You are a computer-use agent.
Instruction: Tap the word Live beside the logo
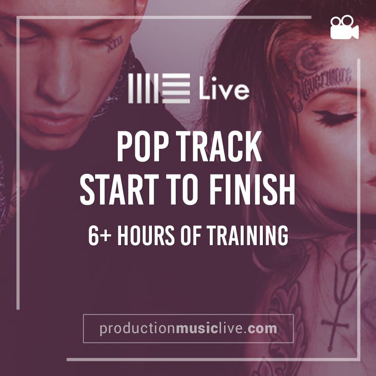tap(224, 88)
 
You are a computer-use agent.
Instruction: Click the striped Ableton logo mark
tap(159, 88)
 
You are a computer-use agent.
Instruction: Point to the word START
tap(120, 190)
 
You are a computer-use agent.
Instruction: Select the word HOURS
tap(146, 235)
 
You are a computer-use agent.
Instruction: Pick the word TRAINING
tap(247, 235)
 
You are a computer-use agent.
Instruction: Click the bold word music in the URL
tap(197, 328)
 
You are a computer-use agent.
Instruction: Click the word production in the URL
tap(138, 329)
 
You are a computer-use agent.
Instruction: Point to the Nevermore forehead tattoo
tap(324, 83)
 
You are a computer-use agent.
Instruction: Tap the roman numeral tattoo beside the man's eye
tap(114, 43)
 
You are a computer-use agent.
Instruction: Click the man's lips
tap(54, 122)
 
